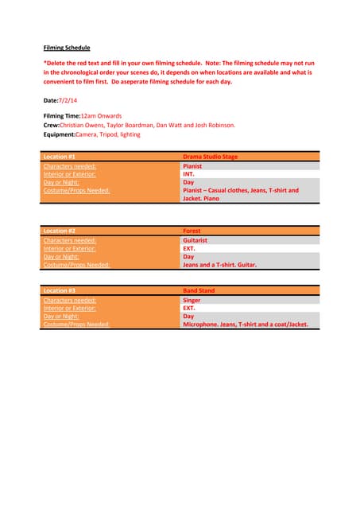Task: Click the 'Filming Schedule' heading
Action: point(67,48)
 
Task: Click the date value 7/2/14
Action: point(68,101)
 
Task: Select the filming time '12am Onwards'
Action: point(102,116)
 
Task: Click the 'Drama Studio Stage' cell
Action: point(210,157)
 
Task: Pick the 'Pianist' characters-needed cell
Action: point(192,166)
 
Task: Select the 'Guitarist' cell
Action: point(196,239)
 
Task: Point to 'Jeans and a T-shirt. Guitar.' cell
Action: point(219,264)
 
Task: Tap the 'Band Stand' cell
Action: point(198,291)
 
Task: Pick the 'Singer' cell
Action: point(192,301)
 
